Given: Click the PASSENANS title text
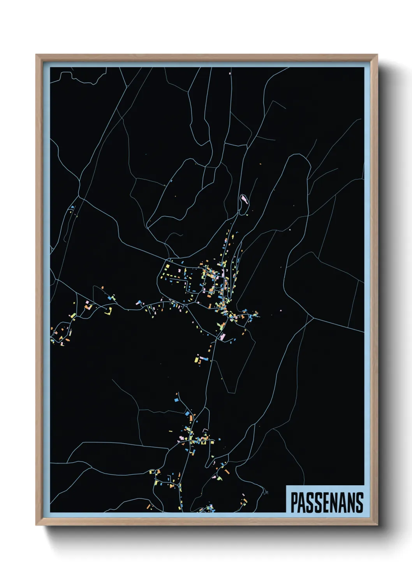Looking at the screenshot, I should (x=327, y=502).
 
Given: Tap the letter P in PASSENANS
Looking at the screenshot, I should (x=294, y=502).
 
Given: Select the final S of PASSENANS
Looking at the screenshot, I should (x=359, y=502).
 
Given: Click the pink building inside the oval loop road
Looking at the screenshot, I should (x=244, y=199).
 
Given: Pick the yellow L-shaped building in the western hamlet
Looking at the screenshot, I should (x=108, y=311).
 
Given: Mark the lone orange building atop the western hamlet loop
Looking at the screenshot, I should (x=103, y=288).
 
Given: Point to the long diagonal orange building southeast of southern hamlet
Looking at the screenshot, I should (x=245, y=501).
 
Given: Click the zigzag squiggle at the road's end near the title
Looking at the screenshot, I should (x=266, y=492).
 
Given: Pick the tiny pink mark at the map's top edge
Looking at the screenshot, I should (x=230, y=73).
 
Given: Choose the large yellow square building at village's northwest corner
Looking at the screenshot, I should (x=167, y=267).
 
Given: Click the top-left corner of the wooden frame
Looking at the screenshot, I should (x=36, y=55).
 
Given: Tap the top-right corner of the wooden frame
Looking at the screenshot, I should (x=377, y=55).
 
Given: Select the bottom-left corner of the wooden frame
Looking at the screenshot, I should (x=36, y=525).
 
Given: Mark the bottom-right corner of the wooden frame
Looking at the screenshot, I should (x=377, y=525).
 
